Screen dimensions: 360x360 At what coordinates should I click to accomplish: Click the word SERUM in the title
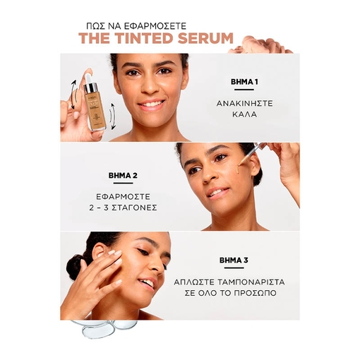coord(205,38)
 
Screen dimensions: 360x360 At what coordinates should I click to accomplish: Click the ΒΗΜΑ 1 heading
coord(244,82)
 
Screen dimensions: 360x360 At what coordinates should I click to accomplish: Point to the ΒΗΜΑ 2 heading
coord(123,176)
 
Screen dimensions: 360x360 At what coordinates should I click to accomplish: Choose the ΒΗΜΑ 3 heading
coord(234,260)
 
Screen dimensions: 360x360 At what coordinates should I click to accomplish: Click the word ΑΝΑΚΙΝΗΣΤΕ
coord(244,104)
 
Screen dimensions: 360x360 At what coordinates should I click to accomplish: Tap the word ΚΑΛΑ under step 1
coord(244,114)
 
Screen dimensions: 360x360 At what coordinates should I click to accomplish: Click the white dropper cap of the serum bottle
coord(88,78)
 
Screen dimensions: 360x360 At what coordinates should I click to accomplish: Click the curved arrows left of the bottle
coord(74,94)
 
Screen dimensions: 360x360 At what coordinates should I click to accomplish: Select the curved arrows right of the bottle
coord(113,116)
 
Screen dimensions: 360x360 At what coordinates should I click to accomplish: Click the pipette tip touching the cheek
coord(239,164)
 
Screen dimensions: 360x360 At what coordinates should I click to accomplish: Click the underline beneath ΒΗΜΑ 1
coord(244,90)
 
